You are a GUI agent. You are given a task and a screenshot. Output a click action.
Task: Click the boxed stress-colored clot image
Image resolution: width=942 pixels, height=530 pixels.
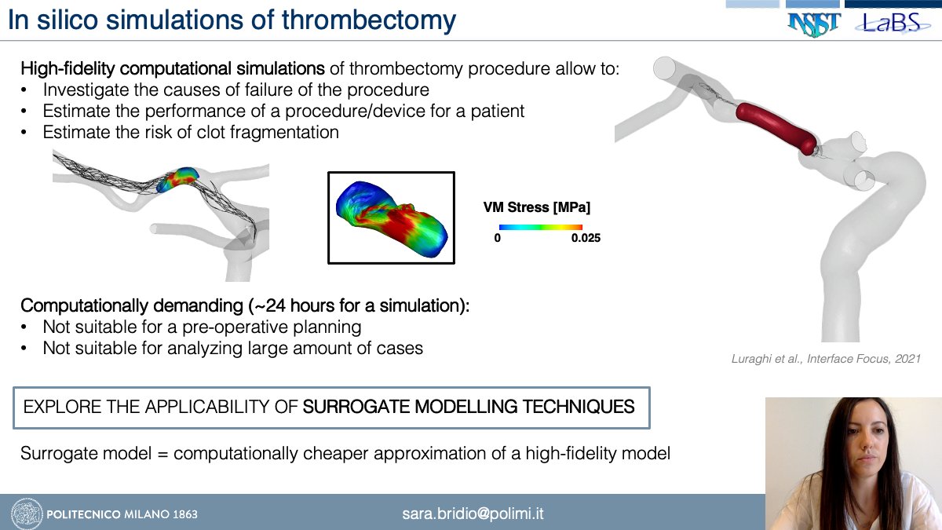tap(390, 217)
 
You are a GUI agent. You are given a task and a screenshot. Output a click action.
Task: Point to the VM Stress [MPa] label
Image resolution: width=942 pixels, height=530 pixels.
tap(536, 208)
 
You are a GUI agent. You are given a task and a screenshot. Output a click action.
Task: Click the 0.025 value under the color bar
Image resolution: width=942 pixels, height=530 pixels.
tap(586, 238)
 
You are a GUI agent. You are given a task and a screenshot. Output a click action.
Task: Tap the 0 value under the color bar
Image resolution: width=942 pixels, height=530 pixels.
tap(497, 238)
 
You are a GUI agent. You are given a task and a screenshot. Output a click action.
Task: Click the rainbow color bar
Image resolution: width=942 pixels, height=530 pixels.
tap(540, 226)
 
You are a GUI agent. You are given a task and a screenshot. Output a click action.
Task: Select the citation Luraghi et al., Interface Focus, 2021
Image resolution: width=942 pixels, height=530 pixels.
tap(824, 357)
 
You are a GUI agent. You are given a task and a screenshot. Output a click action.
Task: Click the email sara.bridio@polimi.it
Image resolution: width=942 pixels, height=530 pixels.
tap(473, 514)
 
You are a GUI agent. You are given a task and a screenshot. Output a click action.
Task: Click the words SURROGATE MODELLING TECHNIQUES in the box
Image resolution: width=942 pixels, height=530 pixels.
tap(469, 407)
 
